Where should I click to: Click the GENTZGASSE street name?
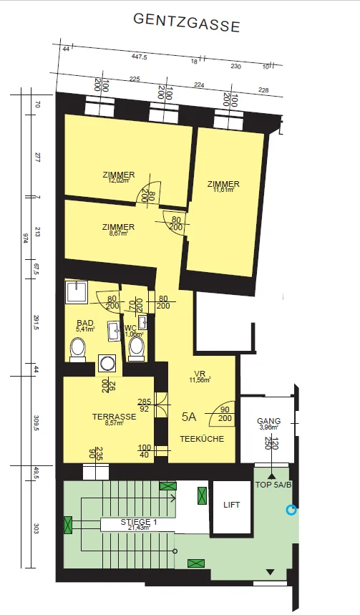pyautogui.click(x=187, y=23)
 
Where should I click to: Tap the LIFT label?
pyautogui.click(x=231, y=505)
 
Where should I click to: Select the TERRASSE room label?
pyautogui.click(x=114, y=417)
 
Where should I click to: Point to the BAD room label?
pyautogui.click(x=85, y=323)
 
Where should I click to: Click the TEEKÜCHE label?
pyautogui.click(x=202, y=439)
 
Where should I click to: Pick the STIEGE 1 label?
pyautogui.click(x=135, y=522)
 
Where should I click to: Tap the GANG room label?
pyautogui.click(x=268, y=421)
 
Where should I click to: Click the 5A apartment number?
pyautogui.click(x=189, y=417)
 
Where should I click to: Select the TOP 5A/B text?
pyautogui.click(x=273, y=484)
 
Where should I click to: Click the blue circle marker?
pyautogui.click(x=291, y=510)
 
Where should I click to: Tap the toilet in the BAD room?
pyautogui.click(x=77, y=350)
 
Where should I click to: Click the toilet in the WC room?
pyautogui.click(x=136, y=349)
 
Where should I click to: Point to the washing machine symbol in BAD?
pyautogui.click(x=107, y=364)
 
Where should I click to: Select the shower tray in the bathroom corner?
pyautogui.click(x=77, y=292)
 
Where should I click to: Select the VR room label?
pyautogui.click(x=200, y=373)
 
